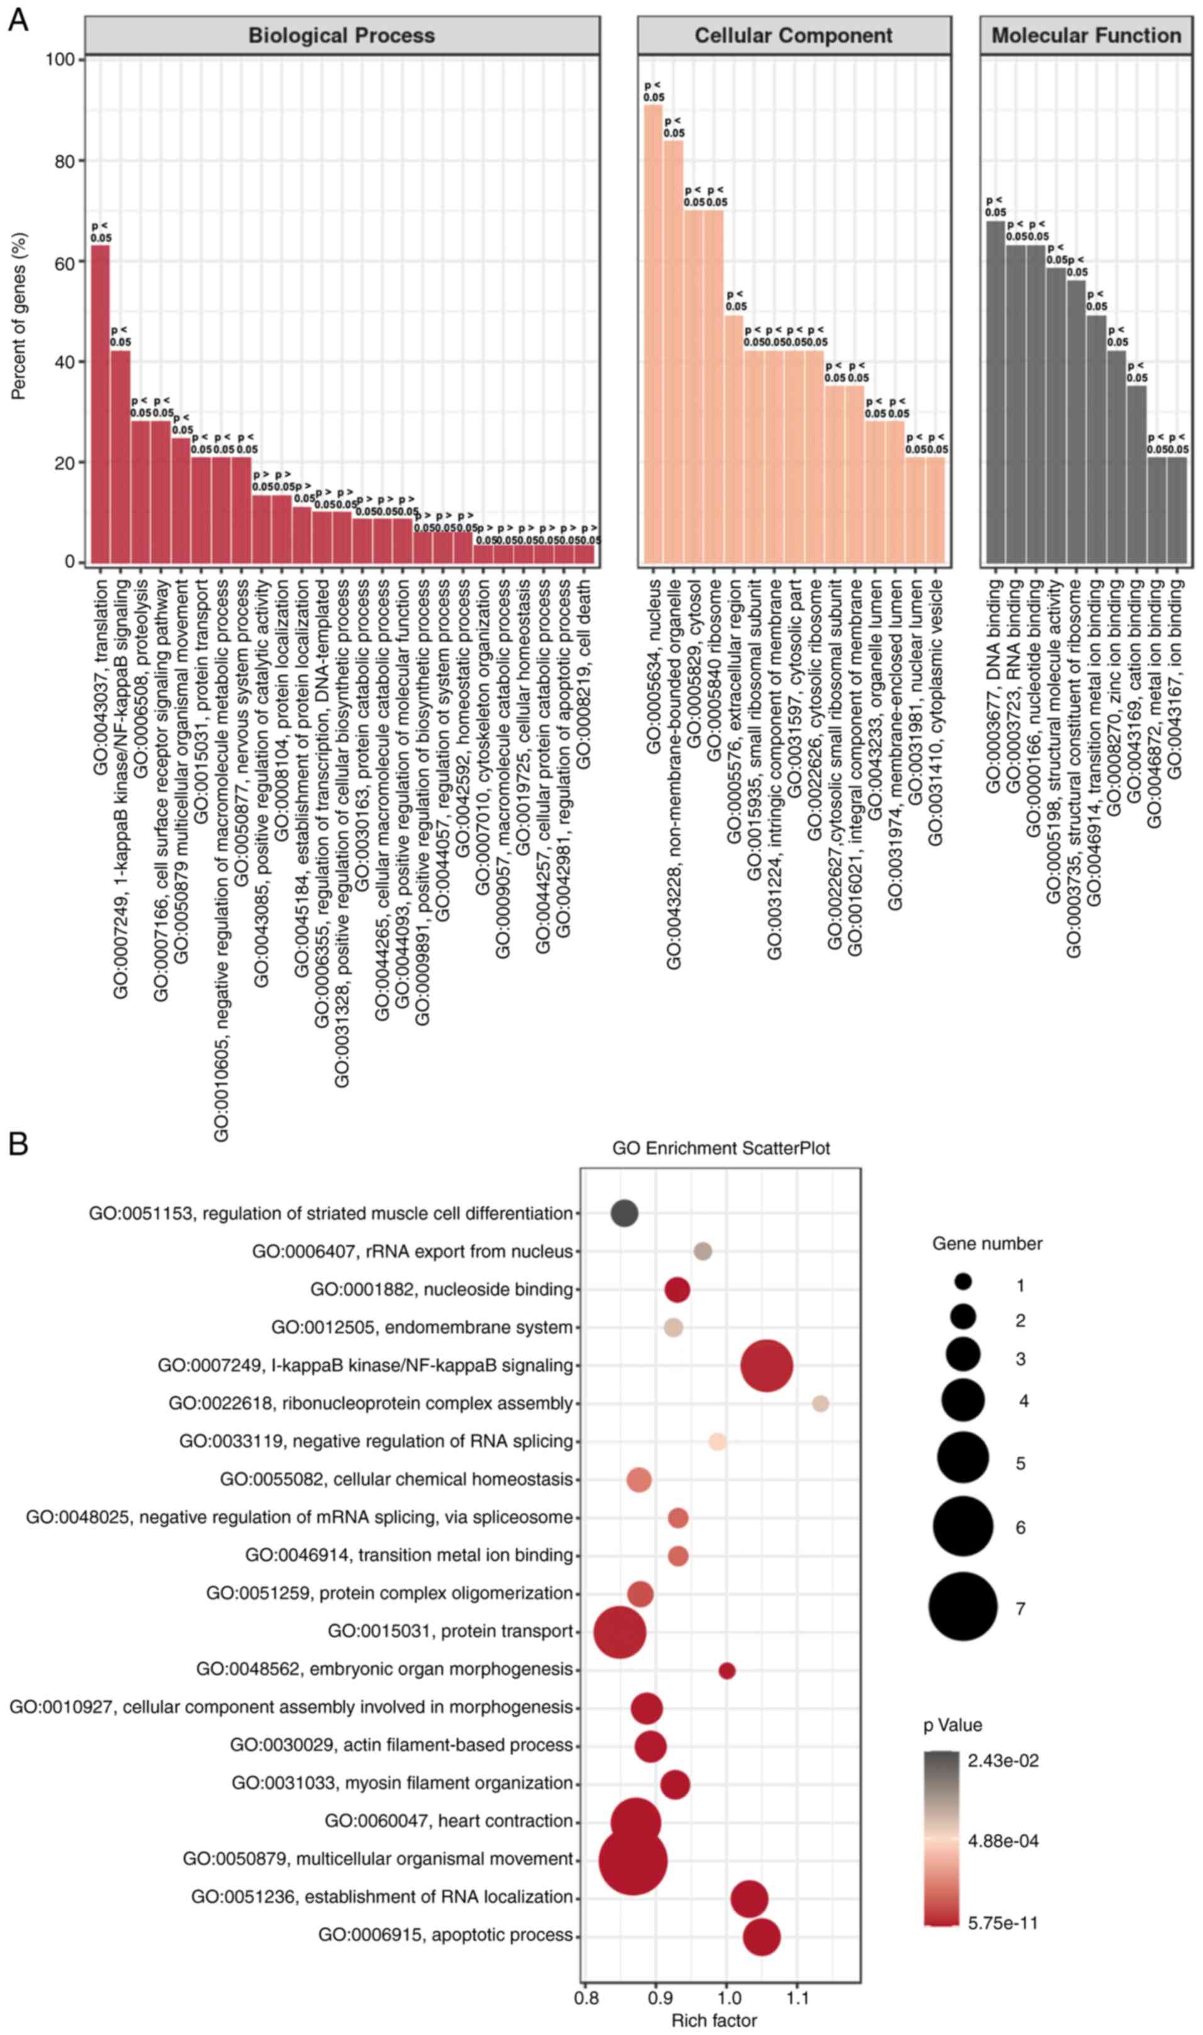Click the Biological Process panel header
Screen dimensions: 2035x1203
pyautogui.click(x=341, y=36)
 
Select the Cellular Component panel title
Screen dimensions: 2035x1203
pyautogui.click(x=793, y=36)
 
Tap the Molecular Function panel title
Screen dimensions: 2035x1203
pyautogui.click(x=1085, y=36)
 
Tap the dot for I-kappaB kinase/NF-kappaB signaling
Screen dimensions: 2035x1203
pyautogui.click(x=766, y=1365)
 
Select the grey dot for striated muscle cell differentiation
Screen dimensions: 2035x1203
pyautogui.click(x=623, y=1213)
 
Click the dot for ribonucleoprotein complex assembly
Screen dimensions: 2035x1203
pyautogui.click(x=821, y=1404)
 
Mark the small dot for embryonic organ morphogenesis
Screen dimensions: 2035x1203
pyautogui.click(x=726, y=1670)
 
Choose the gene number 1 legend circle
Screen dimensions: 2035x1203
pyautogui.click(x=963, y=1282)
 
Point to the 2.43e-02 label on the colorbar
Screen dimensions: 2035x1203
pyautogui.click(x=1003, y=1761)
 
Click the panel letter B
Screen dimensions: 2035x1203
pyautogui.click(x=18, y=1144)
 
